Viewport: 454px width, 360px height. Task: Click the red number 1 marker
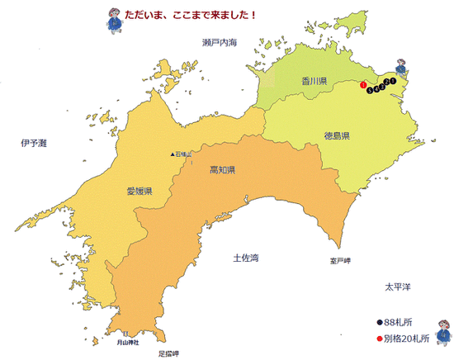364,84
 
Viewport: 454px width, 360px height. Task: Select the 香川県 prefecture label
314,81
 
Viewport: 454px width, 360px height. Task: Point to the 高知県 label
223,170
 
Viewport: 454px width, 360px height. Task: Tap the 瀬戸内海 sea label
219,41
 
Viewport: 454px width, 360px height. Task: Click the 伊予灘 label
34,144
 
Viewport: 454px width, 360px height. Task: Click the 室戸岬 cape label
340,261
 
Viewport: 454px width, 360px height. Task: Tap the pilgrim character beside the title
112,18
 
